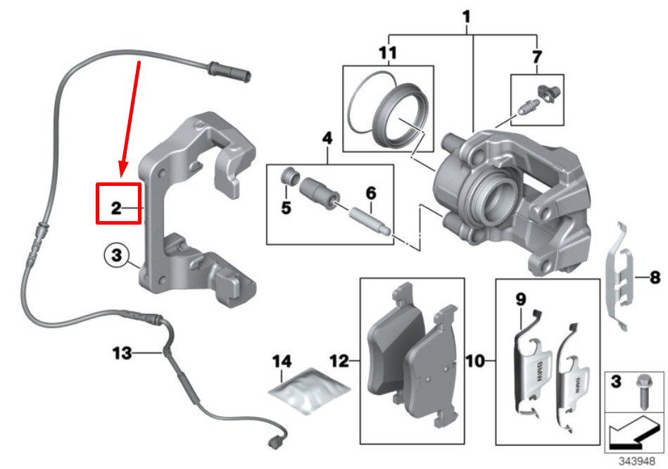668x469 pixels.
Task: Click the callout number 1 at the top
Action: click(467, 14)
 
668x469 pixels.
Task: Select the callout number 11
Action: click(388, 52)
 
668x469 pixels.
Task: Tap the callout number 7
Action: click(538, 55)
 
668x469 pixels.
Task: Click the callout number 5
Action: click(285, 208)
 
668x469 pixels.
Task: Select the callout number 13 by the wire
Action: click(122, 352)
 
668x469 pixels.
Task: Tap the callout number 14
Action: click(282, 362)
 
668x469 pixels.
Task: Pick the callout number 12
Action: click(340, 362)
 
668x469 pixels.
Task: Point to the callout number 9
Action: click(521, 299)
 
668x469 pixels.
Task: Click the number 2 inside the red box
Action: click(116, 208)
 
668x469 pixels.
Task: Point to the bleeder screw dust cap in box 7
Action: click(546, 92)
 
